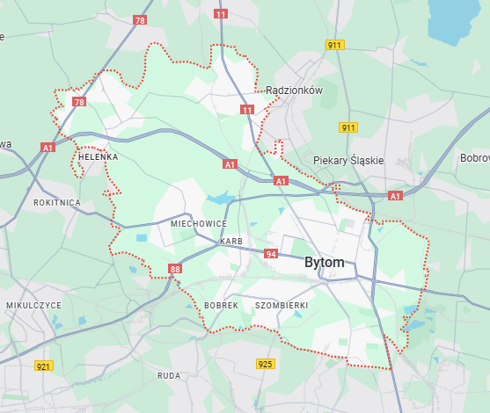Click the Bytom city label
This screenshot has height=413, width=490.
click(x=324, y=263)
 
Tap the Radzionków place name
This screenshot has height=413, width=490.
click(x=295, y=91)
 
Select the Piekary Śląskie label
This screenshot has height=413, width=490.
click(x=348, y=161)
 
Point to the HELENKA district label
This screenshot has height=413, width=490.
click(x=98, y=157)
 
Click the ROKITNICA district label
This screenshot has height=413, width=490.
click(x=56, y=202)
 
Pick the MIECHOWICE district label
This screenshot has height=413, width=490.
click(x=198, y=224)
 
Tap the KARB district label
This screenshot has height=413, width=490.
click(x=231, y=241)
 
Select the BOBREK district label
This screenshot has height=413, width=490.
click(x=221, y=305)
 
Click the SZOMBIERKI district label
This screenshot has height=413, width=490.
click(x=281, y=305)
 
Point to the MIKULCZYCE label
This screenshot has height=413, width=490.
click(x=33, y=305)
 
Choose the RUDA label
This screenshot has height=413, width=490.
click(x=168, y=375)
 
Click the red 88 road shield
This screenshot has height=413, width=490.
click(x=175, y=269)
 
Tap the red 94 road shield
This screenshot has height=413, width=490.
click(x=271, y=254)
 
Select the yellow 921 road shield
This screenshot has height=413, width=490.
click(x=43, y=366)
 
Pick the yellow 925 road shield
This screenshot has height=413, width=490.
click(x=265, y=363)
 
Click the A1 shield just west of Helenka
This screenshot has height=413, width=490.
click(x=48, y=149)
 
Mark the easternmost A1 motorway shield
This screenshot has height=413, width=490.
click(x=395, y=195)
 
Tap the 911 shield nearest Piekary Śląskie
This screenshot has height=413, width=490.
click(x=348, y=127)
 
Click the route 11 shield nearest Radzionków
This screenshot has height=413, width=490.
click(x=247, y=110)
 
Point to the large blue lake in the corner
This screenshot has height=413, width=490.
click(x=457, y=20)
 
